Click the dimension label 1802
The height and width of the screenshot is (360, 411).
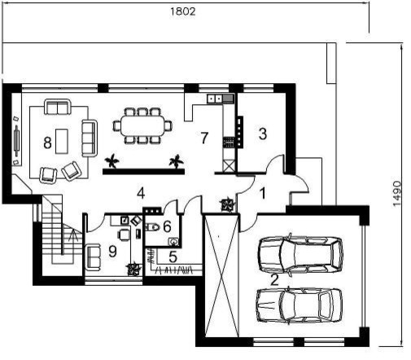(183, 11)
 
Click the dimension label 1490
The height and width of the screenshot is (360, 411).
(397, 194)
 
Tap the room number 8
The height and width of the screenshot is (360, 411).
(47, 143)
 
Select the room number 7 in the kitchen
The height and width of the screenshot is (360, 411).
(204, 138)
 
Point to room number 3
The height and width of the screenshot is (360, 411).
(263, 134)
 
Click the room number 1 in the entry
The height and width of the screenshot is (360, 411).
(263, 194)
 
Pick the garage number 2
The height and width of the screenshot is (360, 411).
(274, 280)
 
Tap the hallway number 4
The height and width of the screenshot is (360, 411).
(141, 193)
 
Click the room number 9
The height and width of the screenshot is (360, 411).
(112, 251)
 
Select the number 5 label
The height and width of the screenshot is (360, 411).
(173, 257)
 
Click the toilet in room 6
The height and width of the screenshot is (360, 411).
(152, 226)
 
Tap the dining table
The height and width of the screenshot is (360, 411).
(142, 125)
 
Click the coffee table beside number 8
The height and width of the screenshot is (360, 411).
(62, 141)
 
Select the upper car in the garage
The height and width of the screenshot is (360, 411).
(300, 255)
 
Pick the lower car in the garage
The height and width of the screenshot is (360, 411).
(300, 305)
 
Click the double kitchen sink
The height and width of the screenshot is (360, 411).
(215, 99)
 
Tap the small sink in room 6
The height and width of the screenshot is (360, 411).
(173, 241)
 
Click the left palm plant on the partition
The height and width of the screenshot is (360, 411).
(111, 161)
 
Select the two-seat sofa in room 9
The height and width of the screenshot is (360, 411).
(93, 257)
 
